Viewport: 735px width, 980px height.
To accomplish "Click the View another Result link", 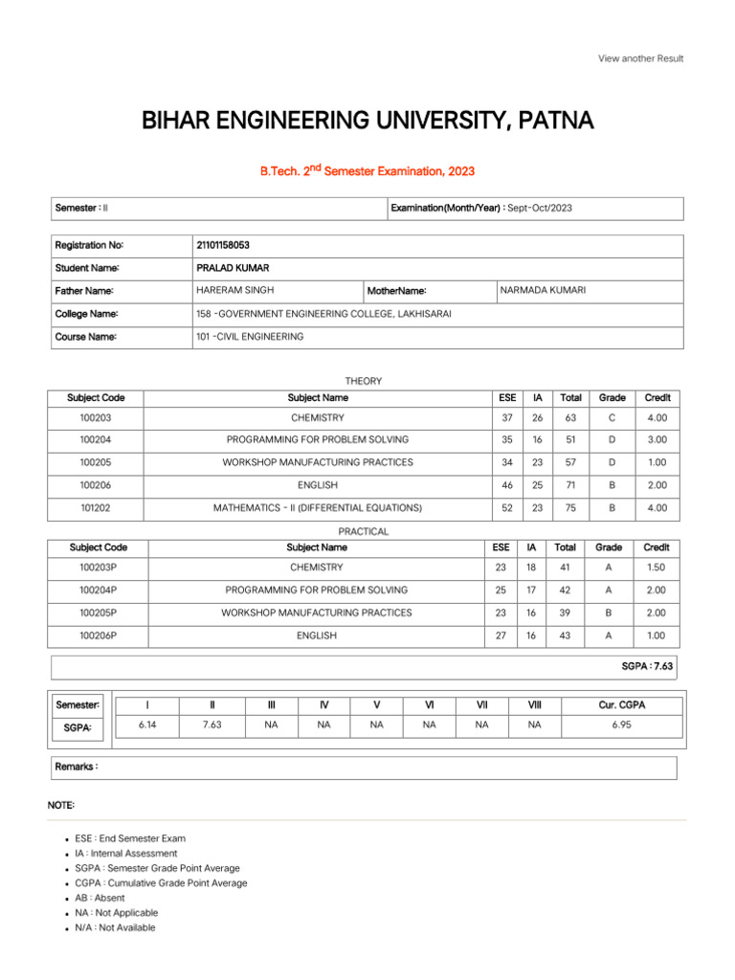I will (640, 58).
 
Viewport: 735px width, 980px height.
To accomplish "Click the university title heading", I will (367, 121).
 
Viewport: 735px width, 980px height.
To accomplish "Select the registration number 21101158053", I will (222, 246).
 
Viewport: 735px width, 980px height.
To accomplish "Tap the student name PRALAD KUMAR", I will (219, 268).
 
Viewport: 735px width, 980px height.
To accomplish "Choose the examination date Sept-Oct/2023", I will (540, 208).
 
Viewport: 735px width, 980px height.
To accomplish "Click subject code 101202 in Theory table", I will (96, 508).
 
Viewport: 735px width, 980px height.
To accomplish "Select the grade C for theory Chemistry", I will (612, 417).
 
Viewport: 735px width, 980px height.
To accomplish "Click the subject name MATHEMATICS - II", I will (317, 508).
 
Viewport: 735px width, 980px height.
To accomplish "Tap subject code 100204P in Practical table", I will (99, 590).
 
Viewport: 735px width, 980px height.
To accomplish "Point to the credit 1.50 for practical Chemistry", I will (657, 568).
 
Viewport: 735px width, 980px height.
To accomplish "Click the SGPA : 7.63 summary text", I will (647, 665).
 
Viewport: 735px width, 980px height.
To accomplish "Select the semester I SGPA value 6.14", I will (146, 725).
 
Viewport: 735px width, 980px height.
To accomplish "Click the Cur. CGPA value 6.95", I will (621, 725).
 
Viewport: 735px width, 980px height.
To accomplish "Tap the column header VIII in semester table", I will (534, 704).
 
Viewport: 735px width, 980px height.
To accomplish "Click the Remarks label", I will (77, 768).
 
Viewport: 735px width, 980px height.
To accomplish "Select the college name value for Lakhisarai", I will (323, 313).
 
